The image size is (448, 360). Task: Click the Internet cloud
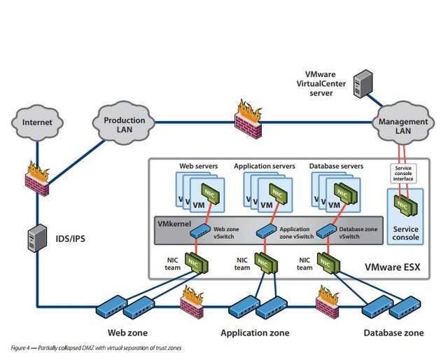tap(37, 123)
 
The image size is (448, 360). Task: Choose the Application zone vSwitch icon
tap(265, 230)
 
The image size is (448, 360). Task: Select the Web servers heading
tap(198, 166)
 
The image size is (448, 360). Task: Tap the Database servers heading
tap(336, 166)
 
